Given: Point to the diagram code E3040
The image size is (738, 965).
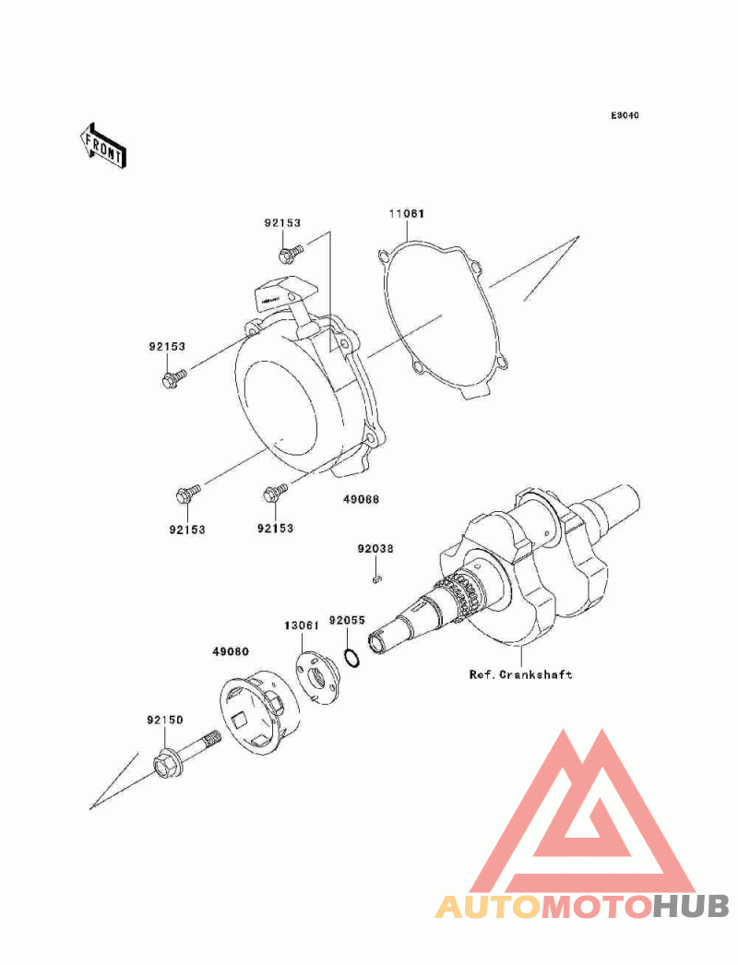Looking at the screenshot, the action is (x=625, y=116).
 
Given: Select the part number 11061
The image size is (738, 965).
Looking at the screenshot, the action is (x=406, y=214).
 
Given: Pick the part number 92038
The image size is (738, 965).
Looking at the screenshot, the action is (x=375, y=548).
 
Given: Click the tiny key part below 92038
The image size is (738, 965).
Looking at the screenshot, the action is (x=375, y=579).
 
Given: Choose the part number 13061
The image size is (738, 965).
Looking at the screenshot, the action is (x=301, y=625).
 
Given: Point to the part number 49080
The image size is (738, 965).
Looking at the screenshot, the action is (x=232, y=650).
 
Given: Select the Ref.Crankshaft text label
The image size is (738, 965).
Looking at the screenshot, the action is (x=520, y=674).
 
